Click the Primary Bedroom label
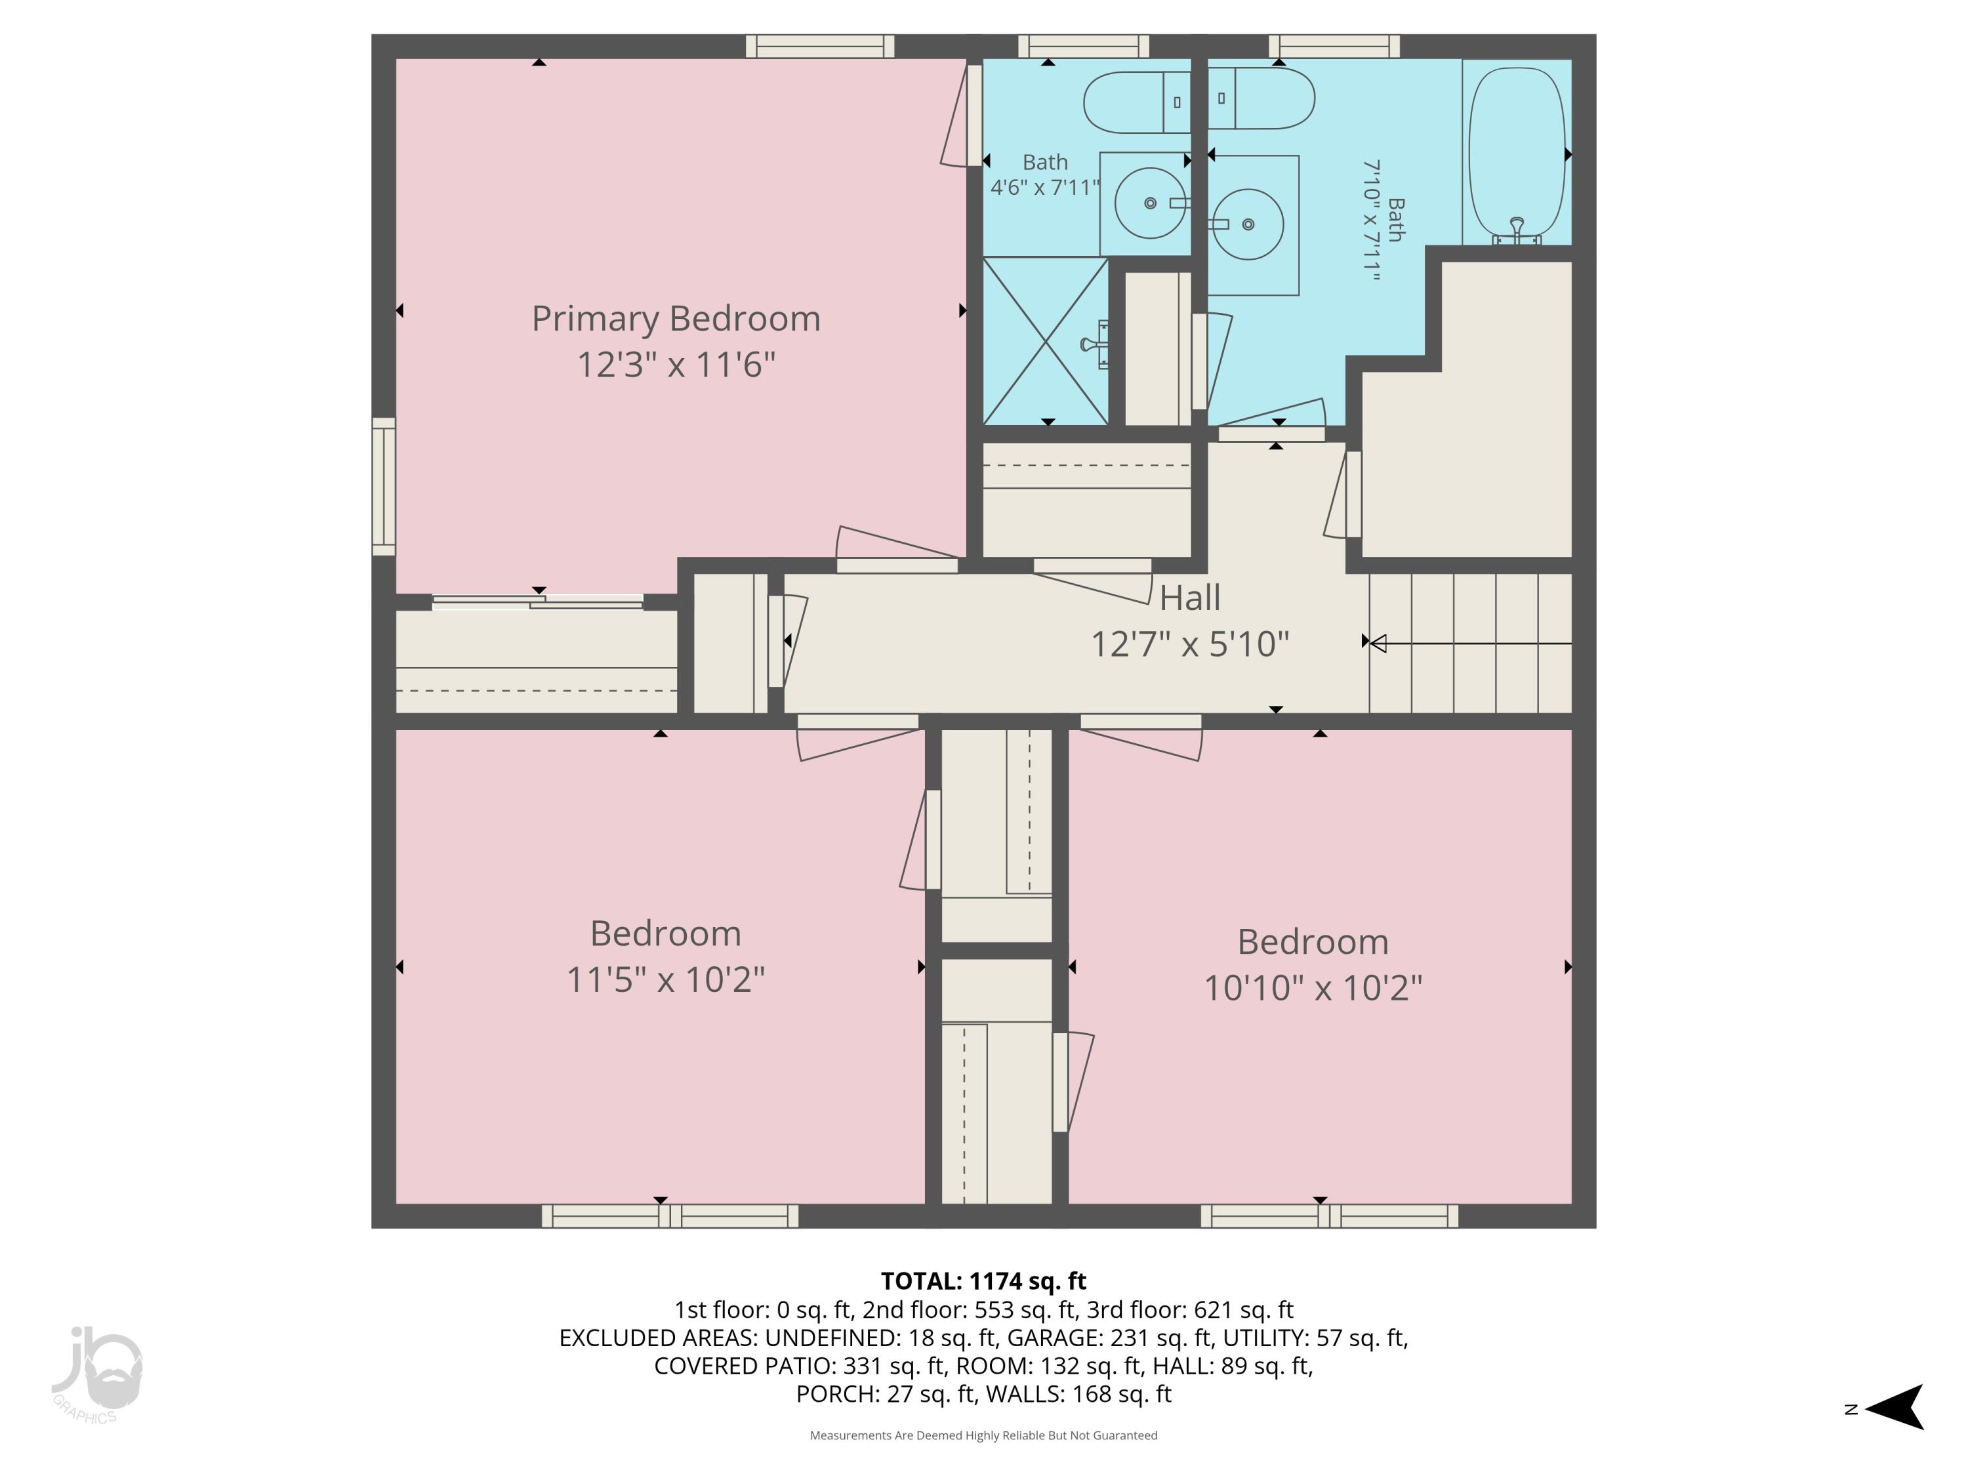(675, 319)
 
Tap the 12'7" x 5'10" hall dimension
(1189, 644)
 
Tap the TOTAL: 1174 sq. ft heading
(983, 1281)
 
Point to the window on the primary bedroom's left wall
(384, 486)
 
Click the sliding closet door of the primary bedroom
(537, 602)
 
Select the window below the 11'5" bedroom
(669, 1216)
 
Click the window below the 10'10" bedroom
(1328, 1216)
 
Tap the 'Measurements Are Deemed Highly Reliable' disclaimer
(983, 1435)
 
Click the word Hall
(1189, 598)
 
